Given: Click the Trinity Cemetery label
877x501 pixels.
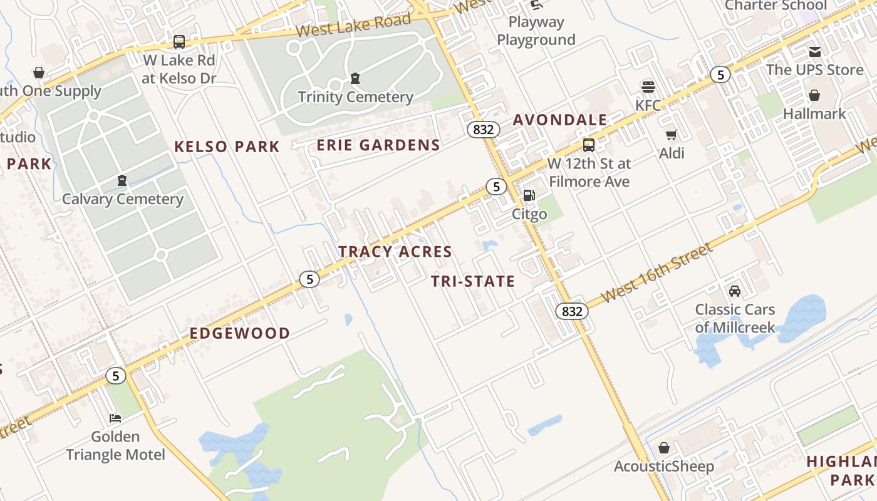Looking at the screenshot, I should [x=355, y=97].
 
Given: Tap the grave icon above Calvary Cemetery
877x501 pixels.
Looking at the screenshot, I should [x=122, y=181].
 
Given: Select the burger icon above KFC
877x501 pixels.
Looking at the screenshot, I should [x=648, y=86].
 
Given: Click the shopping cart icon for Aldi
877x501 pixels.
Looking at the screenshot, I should [x=672, y=135].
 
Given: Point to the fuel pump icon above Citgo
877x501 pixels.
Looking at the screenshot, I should [x=529, y=195].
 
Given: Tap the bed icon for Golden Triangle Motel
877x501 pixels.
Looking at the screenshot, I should [x=115, y=418].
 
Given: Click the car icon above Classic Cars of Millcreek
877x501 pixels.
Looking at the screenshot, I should [x=735, y=291].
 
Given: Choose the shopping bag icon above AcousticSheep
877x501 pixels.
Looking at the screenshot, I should [x=664, y=448].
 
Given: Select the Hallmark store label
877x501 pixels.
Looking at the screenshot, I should [x=814, y=114].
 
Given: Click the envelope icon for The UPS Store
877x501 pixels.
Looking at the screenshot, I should [x=814, y=51].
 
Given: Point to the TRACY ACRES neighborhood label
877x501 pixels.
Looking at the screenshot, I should [x=395, y=252].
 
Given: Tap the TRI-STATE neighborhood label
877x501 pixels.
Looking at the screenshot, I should [x=473, y=282].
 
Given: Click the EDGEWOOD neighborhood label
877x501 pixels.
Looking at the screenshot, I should [x=240, y=333].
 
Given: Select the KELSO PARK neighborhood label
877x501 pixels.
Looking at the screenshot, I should [x=227, y=147].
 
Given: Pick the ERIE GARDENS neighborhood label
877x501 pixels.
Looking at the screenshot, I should [x=378, y=145].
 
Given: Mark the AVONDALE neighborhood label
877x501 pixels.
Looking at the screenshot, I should [x=560, y=120].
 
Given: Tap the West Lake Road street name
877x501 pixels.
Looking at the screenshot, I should [x=353, y=25].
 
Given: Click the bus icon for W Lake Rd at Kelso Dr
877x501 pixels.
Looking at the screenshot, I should [x=179, y=42].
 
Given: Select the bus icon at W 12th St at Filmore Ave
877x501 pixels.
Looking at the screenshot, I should [x=589, y=145].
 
